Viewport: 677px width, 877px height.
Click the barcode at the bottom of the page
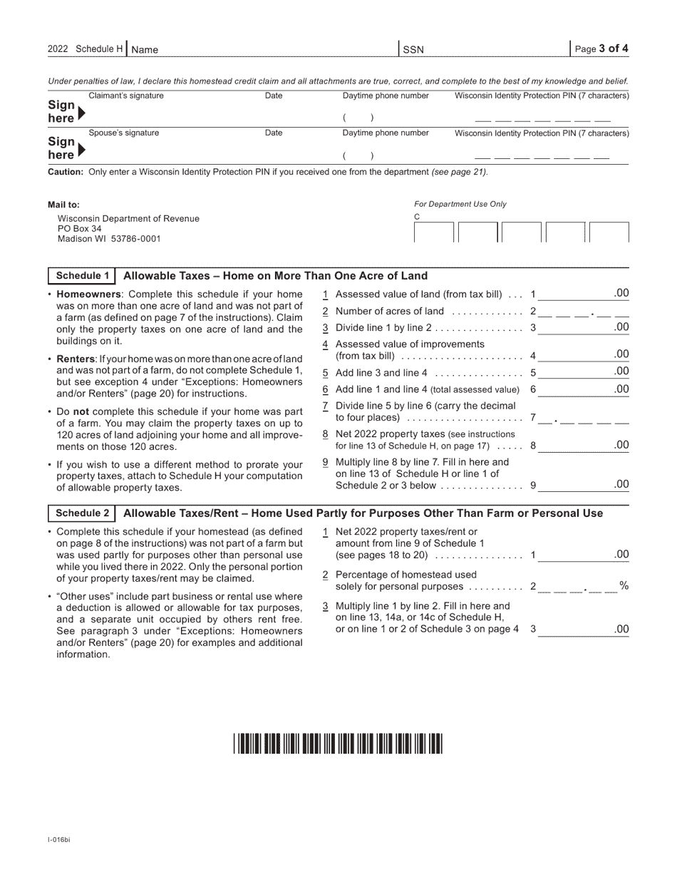[337, 744]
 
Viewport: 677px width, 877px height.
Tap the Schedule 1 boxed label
[83, 276]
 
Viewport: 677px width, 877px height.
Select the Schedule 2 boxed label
[83, 513]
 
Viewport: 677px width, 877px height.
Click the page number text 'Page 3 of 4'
[601, 49]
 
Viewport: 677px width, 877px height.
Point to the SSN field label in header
[413, 50]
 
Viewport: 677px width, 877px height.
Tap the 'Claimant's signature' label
[125, 96]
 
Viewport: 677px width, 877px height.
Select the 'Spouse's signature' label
[123, 133]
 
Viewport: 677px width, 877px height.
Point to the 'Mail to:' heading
[63, 205]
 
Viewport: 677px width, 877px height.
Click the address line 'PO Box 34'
[79, 229]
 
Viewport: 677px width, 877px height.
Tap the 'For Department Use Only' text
[460, 204]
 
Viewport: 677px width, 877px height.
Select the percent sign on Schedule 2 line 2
[624, 585]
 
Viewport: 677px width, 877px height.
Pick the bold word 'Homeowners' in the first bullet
[87, 294]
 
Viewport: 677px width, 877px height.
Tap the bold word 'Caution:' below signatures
[66, 172]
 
